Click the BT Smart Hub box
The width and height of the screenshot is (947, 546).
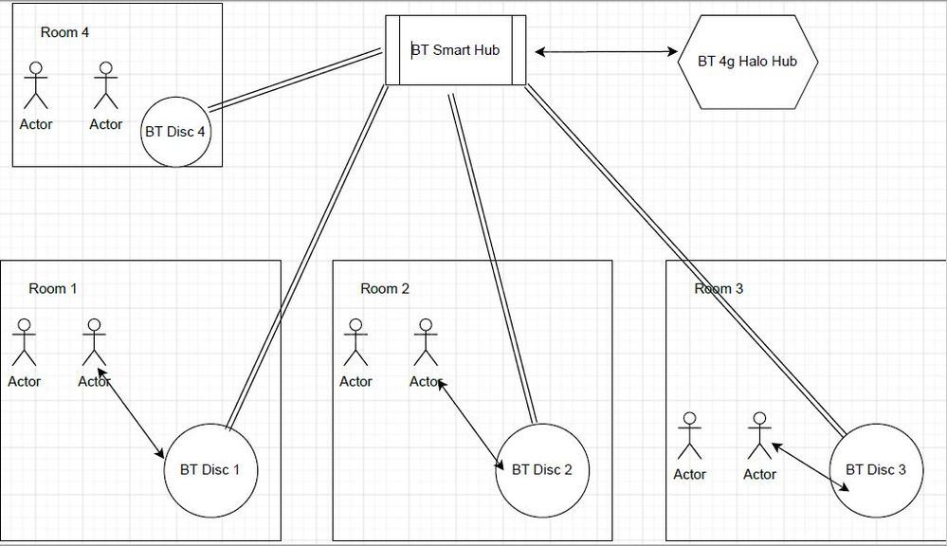coord(455,50)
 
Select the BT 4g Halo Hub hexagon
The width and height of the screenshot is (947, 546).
coord(747,62)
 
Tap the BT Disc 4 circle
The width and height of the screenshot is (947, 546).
coord(175,132)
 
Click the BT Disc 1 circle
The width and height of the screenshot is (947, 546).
coord(211,469)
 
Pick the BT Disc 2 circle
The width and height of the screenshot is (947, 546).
coord(542,469)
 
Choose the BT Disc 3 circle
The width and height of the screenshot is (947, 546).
coord(875,469)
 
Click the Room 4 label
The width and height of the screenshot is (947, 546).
coord(65,32)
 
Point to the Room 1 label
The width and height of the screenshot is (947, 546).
coord(53,288)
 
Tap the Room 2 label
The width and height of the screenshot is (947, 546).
coord(385,288)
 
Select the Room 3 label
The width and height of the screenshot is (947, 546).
coord(719,288)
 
